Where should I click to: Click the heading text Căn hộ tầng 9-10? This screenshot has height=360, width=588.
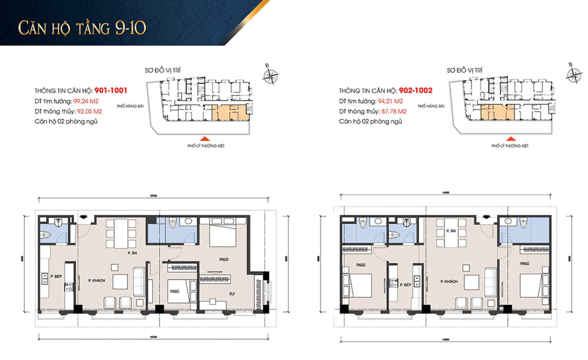(82, 28)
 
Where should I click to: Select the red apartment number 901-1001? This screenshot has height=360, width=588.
(111, 90)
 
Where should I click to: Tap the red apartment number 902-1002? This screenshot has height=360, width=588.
(416, 90)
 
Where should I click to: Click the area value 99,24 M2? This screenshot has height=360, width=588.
(86, 101)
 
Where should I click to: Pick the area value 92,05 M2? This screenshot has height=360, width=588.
(89, 111)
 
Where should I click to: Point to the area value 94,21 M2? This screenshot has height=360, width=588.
(390, 101)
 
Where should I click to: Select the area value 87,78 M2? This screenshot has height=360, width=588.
(394, 111)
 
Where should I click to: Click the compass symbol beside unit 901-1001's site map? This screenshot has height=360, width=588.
(270, 76)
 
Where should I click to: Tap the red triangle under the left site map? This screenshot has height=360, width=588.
(205, 139)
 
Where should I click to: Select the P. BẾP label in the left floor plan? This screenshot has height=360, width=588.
(56, 276)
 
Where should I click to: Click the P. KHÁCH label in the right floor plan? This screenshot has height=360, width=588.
(449, 281)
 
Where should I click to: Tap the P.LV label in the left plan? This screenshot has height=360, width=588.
(232, 294)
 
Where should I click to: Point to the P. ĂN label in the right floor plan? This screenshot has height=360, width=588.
(451, 231)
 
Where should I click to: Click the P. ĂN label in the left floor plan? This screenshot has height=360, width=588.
(132, 253)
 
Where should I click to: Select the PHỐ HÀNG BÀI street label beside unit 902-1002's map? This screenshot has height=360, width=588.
(431, 106)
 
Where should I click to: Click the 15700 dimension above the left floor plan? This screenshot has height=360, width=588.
(153, 196)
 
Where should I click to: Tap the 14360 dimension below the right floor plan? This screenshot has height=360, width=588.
(445, 339)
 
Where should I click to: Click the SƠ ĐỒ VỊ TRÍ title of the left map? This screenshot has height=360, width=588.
(162, 70)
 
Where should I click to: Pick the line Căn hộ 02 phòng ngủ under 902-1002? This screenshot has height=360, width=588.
(370, 122)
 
